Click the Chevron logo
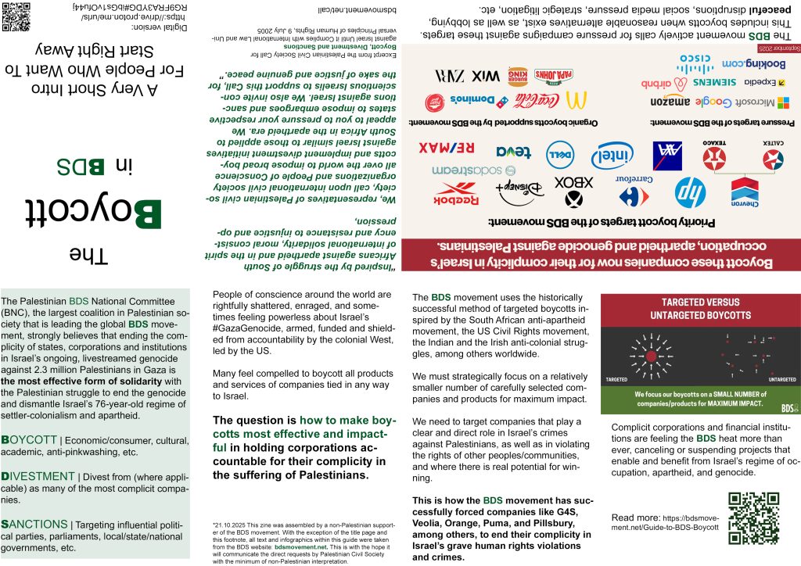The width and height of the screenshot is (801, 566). pyautogui.click(x=745, y=192)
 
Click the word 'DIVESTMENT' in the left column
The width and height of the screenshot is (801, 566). pyautogui.click(x=36, y=476)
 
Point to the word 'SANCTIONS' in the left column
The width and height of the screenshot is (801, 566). pyautogui.click(x=34, y=524)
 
